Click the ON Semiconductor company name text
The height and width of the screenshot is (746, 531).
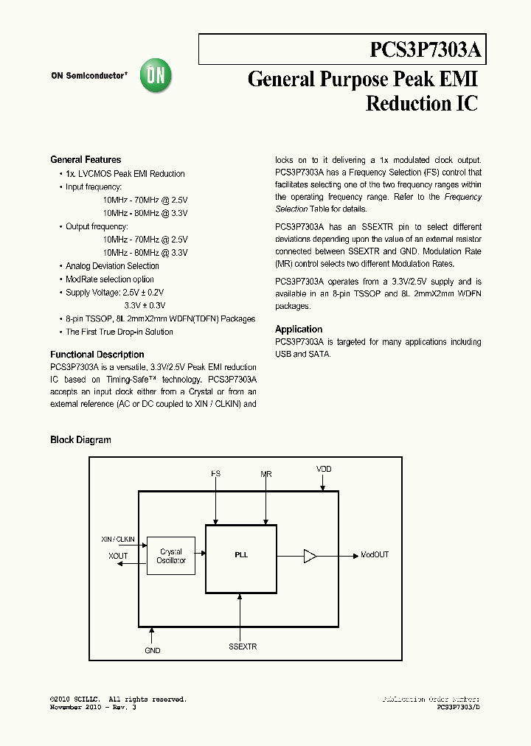89,76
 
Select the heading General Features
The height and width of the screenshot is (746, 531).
86,159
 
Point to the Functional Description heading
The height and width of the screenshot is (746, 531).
97,355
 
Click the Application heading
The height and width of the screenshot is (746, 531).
299,330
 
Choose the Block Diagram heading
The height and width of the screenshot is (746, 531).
80,440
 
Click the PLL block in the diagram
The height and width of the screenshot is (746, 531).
241,555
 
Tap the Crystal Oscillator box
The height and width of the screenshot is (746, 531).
171,556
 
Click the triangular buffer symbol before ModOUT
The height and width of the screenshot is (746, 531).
310,556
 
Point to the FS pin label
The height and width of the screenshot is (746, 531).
215,474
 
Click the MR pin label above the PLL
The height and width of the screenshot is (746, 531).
266,474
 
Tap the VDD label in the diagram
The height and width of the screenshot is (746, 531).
324,469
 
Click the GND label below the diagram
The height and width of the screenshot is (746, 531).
152,650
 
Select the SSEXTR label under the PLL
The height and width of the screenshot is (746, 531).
243,646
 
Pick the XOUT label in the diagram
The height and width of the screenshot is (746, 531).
117,556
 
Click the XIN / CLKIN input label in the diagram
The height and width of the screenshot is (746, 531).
118,540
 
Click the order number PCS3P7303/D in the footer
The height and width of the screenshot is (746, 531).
458,707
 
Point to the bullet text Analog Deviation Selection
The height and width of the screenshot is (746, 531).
112,266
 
